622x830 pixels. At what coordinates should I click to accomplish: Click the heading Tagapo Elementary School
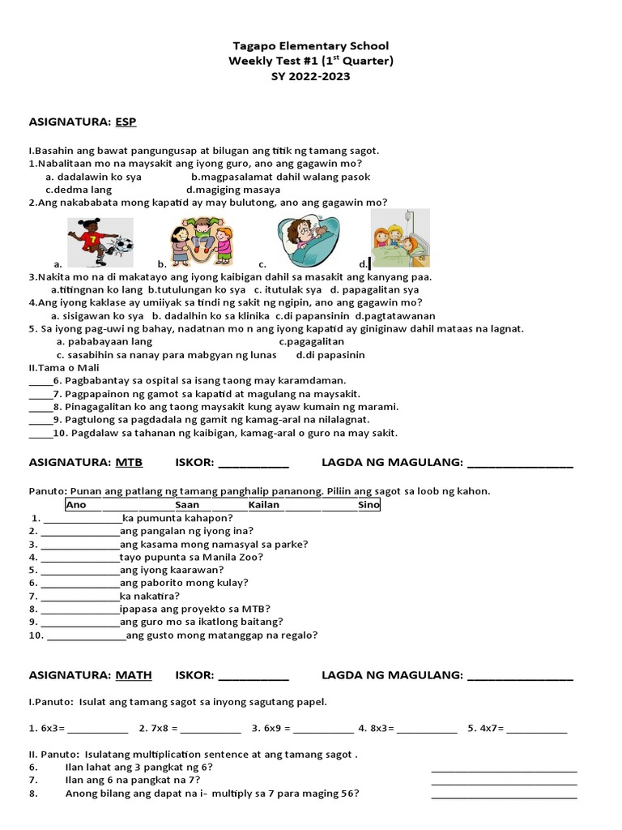[x=311, y=46]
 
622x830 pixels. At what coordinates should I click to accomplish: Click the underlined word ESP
[x=126, y=122]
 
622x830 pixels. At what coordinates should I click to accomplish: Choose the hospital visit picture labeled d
[x=400, y=238]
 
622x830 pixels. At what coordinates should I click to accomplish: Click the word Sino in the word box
[x=369, y=505]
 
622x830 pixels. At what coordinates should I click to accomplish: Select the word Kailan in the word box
[x=264, y=505]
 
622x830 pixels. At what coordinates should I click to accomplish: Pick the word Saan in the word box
[x=187, y=505]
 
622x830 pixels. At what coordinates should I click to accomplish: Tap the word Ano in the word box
[x=76, y=505]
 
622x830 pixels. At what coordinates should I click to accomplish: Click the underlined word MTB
[x=129, y=463]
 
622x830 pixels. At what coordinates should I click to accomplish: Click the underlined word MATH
[x=134, y=675]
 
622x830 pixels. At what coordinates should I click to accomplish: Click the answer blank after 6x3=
[x=98, y=729]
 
